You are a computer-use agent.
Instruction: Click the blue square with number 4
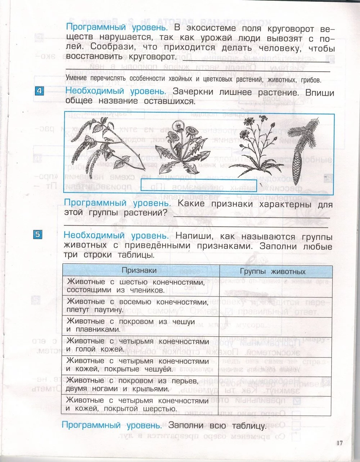coord(39,91)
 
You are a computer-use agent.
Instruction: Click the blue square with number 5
coord(39,235)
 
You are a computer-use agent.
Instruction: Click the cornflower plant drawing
coord(252,144)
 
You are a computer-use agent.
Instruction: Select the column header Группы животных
coord(273,271)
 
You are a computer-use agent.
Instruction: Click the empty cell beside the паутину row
coord(275,306)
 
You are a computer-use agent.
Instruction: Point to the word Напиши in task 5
coord(193,236)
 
